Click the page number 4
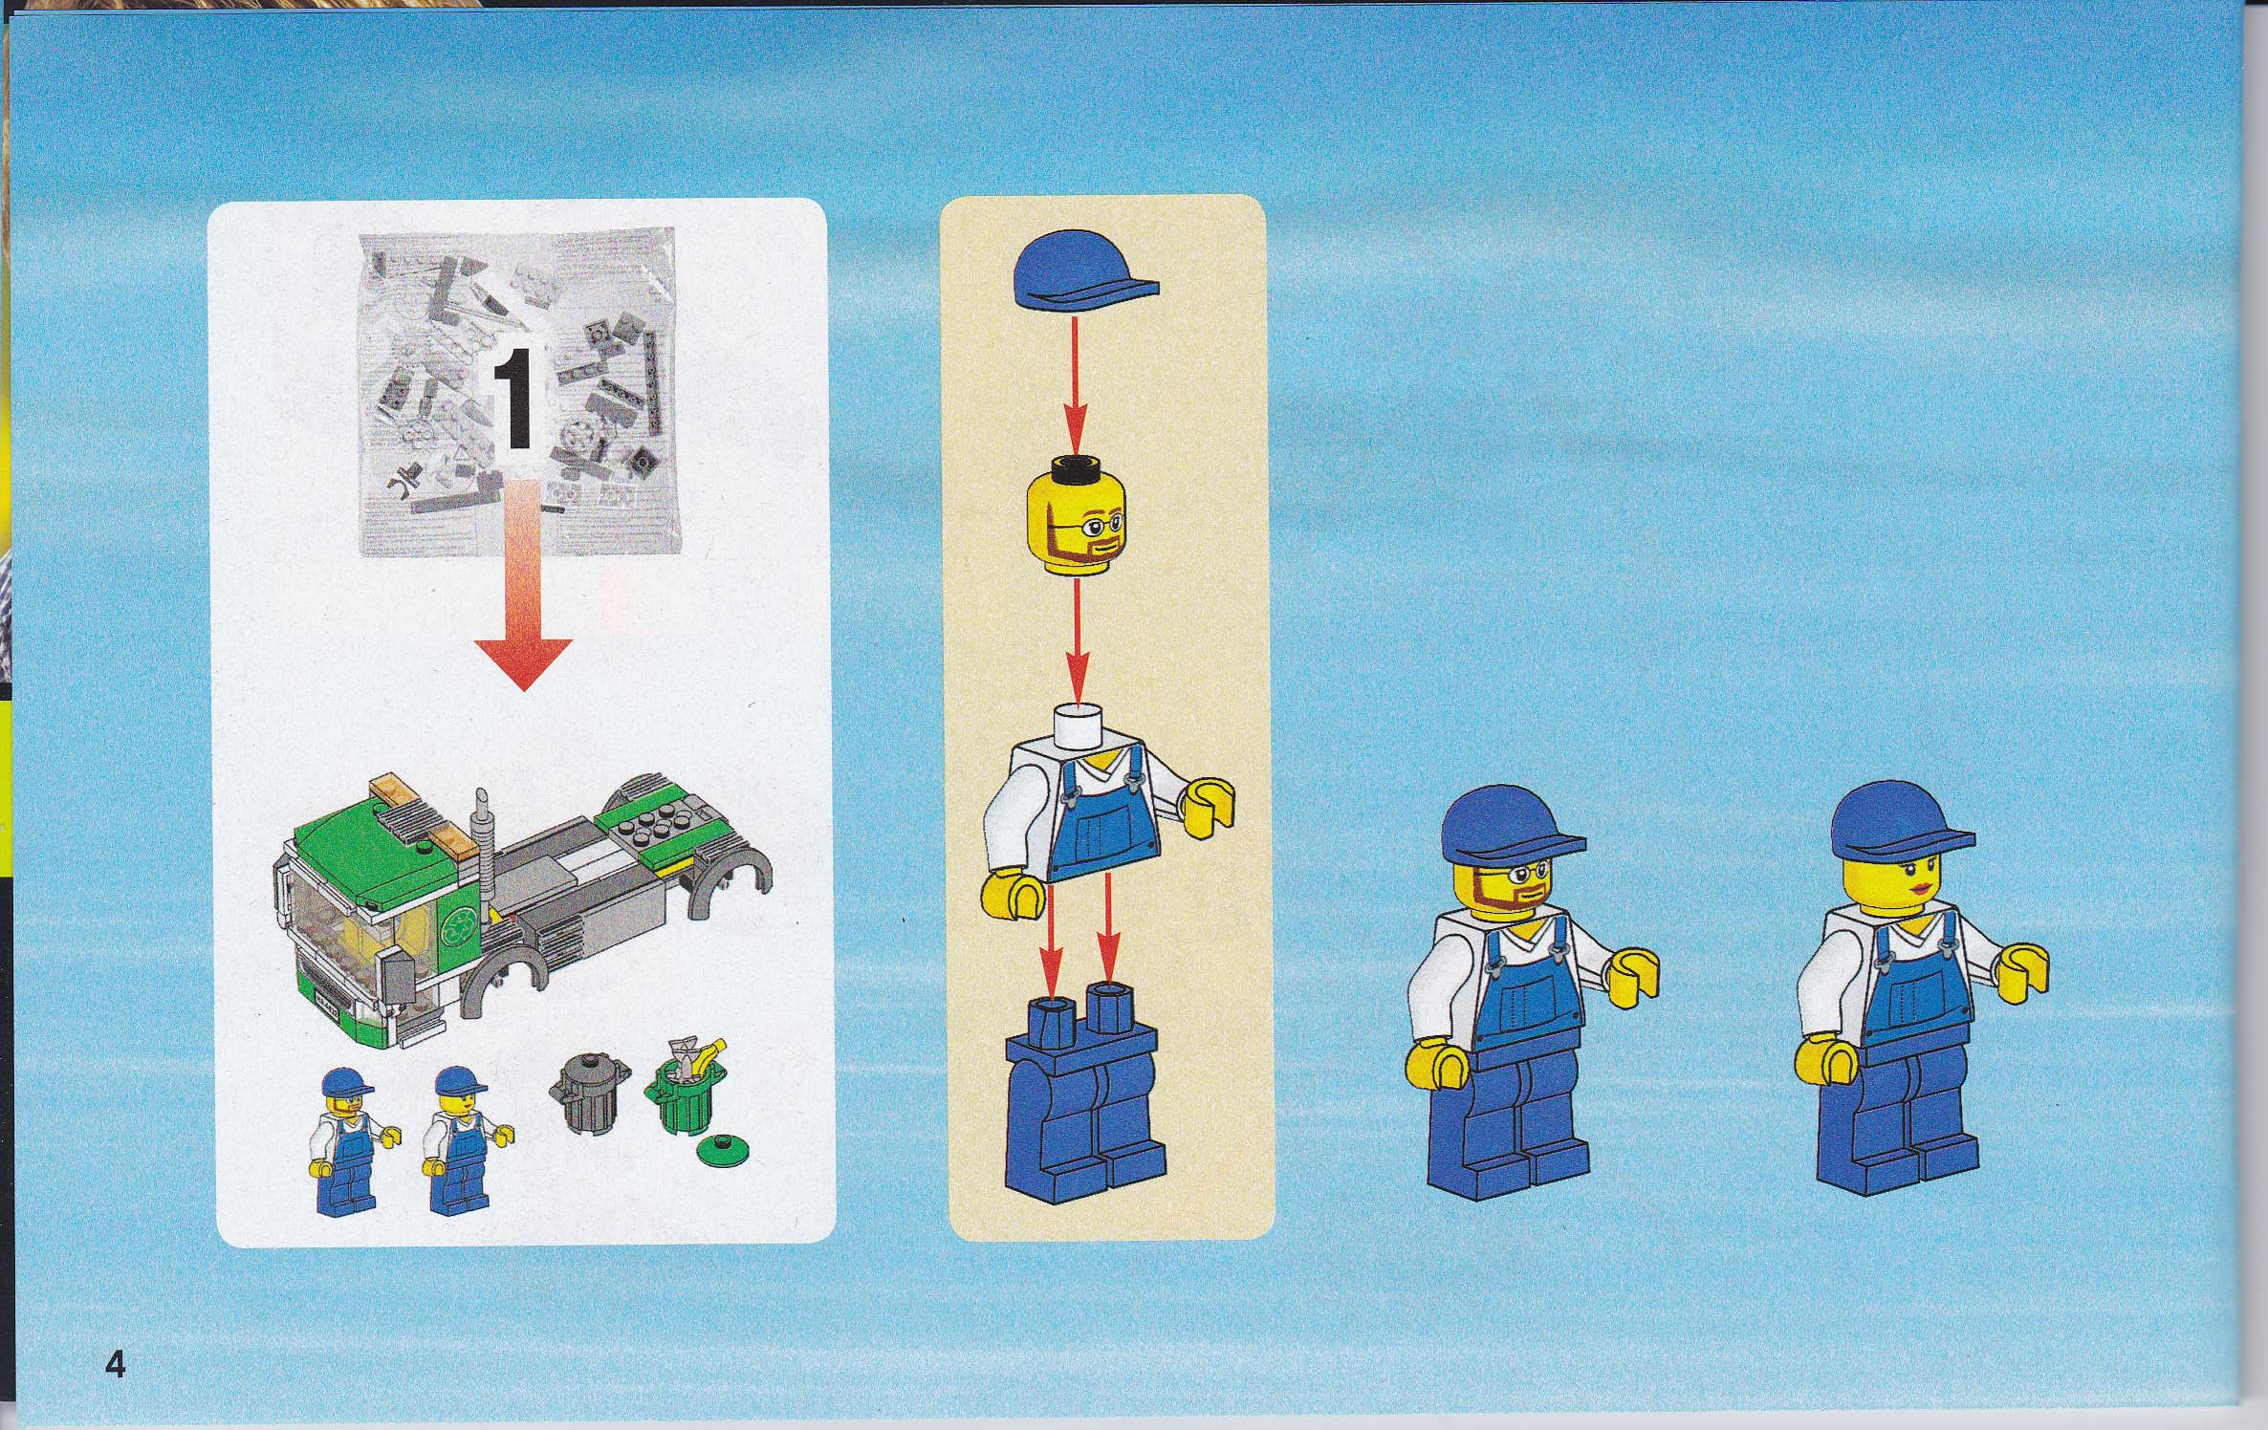(115, 1364)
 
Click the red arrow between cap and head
(1076, 386)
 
